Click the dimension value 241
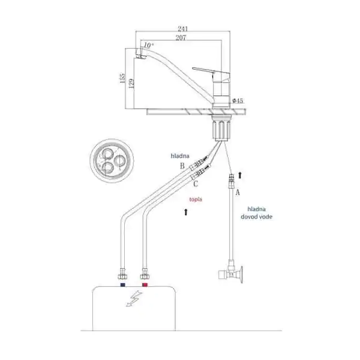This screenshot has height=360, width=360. point(183,29)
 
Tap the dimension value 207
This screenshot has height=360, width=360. point(181,38)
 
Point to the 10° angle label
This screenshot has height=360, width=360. point(148,45)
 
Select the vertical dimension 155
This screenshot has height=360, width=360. point(122,78)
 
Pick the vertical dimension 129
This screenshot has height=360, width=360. point(131,84)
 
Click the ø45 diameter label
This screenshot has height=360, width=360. point(238,101)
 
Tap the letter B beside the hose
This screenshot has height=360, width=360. point(182,166)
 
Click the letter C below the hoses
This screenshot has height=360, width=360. point(196,184)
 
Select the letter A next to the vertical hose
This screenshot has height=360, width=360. point(238,192)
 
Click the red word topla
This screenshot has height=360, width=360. point(196,199)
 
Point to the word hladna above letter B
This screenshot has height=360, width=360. point(180,156)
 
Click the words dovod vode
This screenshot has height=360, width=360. point(256,217)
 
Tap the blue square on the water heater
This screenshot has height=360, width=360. point(123,285)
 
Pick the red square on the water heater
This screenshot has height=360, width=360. point(145,285)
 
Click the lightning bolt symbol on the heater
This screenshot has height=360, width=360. point(134,298)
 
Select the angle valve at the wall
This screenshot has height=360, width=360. point(231,272)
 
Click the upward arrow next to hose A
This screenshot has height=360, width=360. point(240,175)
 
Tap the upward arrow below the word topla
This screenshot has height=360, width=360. point(186,212)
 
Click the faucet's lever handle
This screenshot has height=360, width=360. point(211,71)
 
